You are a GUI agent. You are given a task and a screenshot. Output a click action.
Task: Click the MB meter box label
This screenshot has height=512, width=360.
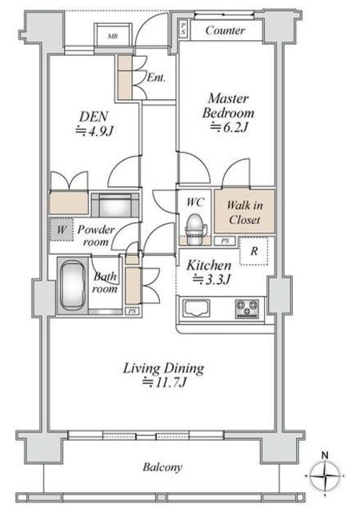coord(113,36)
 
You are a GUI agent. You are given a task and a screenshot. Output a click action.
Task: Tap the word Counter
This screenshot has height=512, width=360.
coord(225,30)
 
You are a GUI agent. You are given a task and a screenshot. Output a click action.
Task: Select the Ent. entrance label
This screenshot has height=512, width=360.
coord(156,78)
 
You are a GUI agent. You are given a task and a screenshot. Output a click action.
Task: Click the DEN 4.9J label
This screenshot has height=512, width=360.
coord(94,124)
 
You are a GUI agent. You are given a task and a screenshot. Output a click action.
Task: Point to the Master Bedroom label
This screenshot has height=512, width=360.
coord(228,113)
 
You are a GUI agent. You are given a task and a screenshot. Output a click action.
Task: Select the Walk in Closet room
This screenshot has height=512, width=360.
coord(244,211)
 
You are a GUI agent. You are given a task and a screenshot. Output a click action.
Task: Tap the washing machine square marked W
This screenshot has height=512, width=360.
coord(62,230)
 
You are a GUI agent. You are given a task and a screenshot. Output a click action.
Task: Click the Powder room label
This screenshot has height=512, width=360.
coord(96,235)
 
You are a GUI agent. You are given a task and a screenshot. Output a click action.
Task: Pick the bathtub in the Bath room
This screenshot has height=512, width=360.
coord(72,286)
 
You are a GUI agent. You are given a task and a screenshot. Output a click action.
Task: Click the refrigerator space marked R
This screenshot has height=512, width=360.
coord(254,250)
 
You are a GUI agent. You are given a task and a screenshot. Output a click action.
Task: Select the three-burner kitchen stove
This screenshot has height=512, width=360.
coord(247,308)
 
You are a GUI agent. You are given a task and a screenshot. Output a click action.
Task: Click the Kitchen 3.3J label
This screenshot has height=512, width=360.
coord(209,272)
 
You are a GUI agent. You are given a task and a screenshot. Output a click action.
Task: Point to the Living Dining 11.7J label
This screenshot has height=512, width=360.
coord(164,375)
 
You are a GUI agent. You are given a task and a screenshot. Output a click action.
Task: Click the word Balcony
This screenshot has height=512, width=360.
coord(162,467)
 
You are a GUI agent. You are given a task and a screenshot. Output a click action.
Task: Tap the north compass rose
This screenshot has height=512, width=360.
coord(325,475)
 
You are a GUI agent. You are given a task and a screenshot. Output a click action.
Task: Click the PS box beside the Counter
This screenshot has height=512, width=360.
coord(183,29)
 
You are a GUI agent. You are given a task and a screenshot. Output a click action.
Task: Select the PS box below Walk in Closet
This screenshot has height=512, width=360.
coord(225,241)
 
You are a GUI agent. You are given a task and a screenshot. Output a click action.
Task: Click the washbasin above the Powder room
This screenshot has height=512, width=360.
coord(115,205)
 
